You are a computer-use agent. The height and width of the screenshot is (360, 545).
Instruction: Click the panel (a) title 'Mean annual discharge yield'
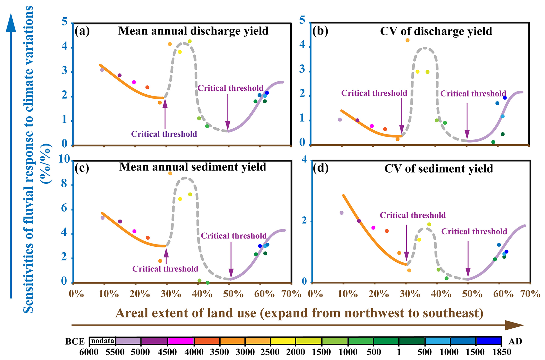tap(193, 31)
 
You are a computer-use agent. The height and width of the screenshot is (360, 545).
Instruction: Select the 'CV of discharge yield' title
tap(436, 31)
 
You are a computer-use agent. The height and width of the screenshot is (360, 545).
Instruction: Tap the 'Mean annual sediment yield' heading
tap(193, 167)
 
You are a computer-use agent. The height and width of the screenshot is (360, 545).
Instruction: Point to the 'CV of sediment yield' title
tap(438, 169)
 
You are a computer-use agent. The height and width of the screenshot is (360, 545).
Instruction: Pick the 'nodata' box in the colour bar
tap(103, 341)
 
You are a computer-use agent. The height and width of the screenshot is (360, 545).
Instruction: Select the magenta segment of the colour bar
tap(181, 341)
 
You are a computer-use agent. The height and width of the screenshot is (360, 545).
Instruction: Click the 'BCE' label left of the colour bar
tap(75, 342)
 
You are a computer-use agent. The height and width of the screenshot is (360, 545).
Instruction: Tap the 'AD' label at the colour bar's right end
tap(515, 342)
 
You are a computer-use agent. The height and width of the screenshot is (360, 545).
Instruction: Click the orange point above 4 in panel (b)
tap(407, 40)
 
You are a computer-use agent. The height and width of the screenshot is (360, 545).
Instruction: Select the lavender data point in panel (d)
tap(341, 213)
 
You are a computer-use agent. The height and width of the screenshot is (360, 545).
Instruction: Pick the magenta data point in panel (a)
tap(134, 82)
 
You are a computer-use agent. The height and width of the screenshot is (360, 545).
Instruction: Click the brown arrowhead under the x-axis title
tap(514, 325)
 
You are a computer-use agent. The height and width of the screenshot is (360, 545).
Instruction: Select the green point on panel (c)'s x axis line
tap(208, 283)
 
